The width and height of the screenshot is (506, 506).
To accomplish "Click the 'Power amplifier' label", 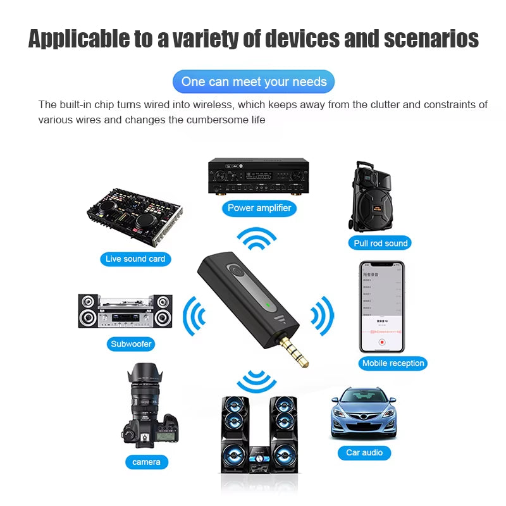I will click(259, 207).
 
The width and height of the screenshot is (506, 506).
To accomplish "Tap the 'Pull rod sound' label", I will click(381, 243).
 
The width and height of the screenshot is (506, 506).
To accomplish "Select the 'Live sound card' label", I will click(135, 259).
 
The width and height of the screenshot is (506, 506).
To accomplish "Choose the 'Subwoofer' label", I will click(132, 344).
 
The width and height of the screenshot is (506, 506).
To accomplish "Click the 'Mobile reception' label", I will click(393, 363).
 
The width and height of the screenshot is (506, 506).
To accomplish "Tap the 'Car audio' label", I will click(364, 452).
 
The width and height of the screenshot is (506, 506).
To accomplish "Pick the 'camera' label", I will click(146, 462).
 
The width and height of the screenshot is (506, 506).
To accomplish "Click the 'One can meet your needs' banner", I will click(254, 82).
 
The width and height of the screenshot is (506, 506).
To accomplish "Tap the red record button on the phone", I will click(382, 342).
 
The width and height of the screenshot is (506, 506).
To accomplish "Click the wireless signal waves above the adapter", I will click(257, 240).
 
